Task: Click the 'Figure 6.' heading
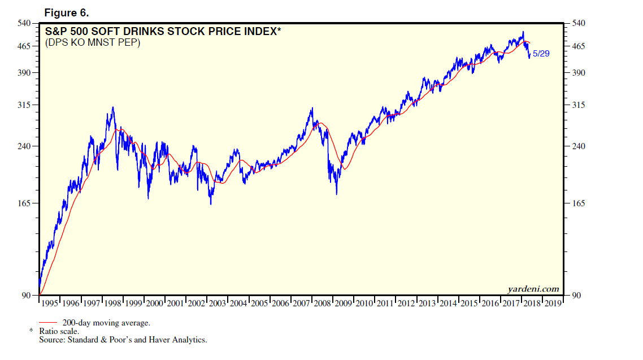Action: click(x=66, y=12)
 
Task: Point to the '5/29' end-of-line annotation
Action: click(x=541, y=54)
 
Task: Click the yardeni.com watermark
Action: click(x=533, y=289)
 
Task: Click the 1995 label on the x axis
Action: click(x=50, y=303)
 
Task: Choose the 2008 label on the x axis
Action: click(x=322, y=303)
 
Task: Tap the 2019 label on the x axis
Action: click(x=553, y=303)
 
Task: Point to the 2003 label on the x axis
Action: click(x=218, y=303)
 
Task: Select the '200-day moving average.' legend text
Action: click(x=106, y=323)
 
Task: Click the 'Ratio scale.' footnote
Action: click(x=59, y=332)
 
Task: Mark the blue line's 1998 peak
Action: click(x=113, y=107)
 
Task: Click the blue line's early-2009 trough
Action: click(x=336, y=194)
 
